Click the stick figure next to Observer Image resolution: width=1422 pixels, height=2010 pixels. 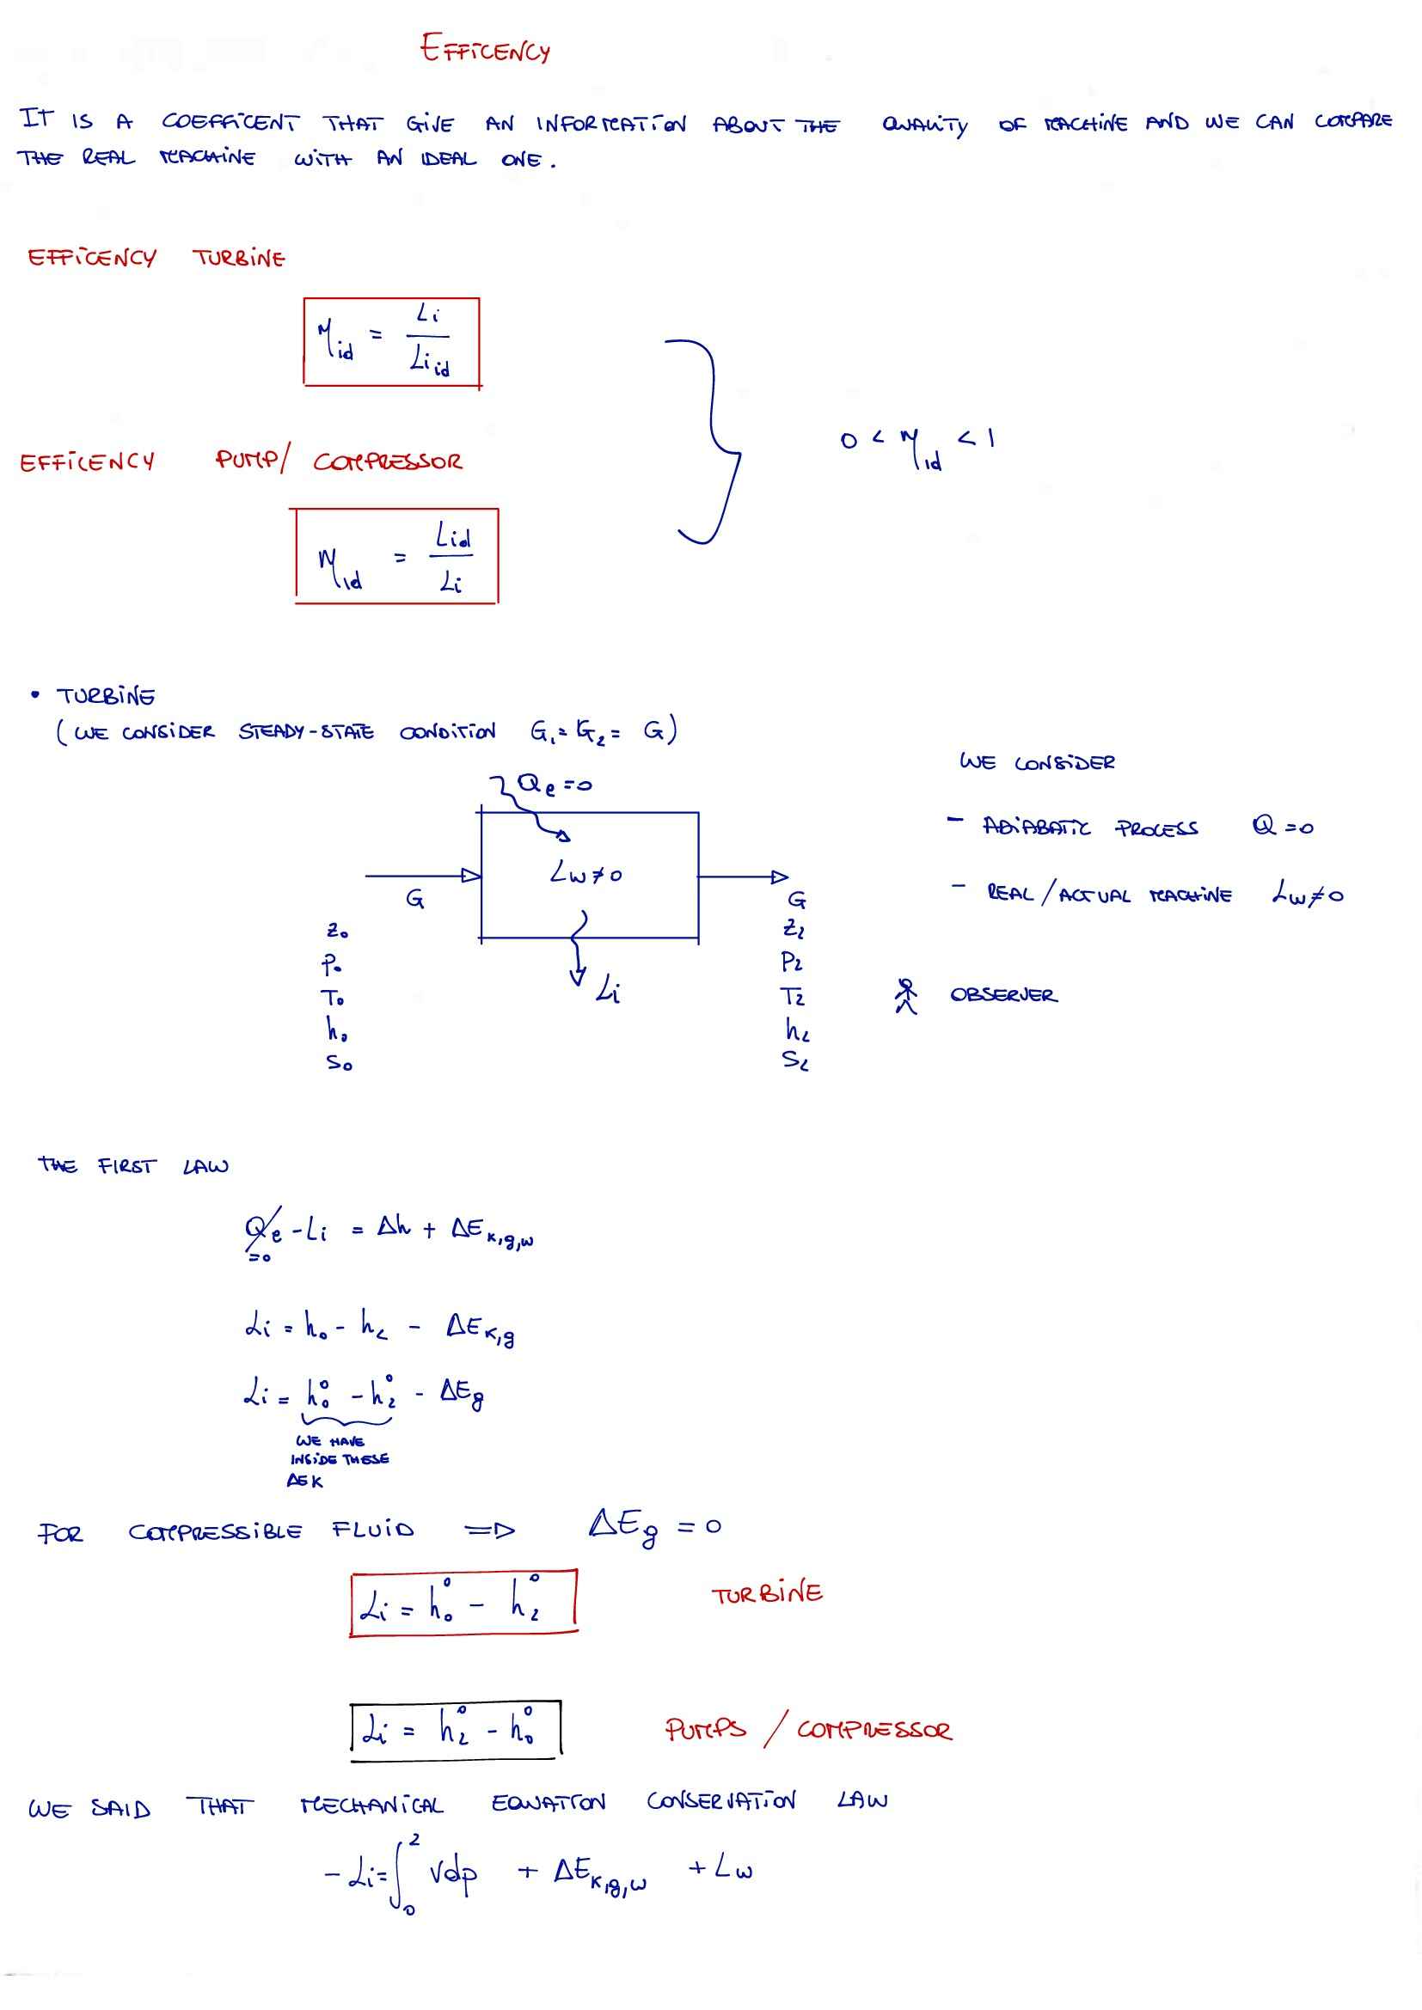click(x=906, y=995)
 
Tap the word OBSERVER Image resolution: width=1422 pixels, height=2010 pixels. click(x=1003, y=995)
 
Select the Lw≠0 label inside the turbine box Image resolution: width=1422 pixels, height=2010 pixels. click(x=585, y=873)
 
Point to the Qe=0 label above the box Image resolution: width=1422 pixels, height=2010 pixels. click(x=555, y=785)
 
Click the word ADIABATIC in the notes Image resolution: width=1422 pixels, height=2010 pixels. click(x=1037, y=828)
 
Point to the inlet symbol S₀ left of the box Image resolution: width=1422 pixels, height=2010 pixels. click(x=339, y=1063)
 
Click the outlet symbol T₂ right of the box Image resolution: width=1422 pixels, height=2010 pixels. click(x=794, y=996)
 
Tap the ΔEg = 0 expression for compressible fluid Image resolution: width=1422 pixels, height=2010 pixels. click(x=654, y=1528)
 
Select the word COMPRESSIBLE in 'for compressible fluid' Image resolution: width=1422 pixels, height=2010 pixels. click(x=216, y=1532)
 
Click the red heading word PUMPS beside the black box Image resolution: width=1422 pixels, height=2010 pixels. click(x=705, y=1729)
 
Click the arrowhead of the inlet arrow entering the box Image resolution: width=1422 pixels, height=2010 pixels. click(x=471, y=875)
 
